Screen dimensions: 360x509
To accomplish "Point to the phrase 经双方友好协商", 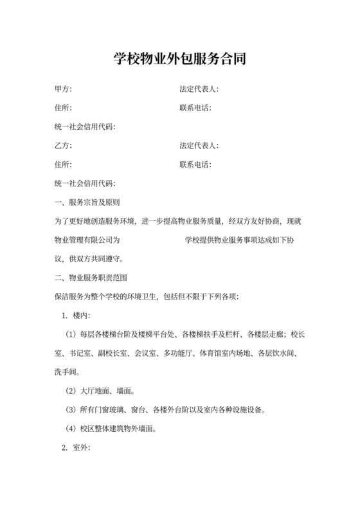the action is tap(251, 222).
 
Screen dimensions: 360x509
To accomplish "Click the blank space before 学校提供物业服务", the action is tap(152, 240).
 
